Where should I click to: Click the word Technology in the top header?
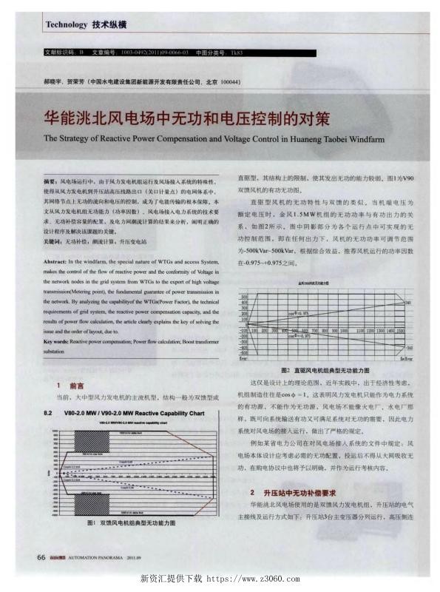tap(66, 24)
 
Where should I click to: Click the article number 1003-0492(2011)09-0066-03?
tap(144, 53)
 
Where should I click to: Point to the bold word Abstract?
tap(56, 262)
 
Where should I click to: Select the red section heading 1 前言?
tap(70, 386)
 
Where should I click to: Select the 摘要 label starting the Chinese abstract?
tap(51, 181)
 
